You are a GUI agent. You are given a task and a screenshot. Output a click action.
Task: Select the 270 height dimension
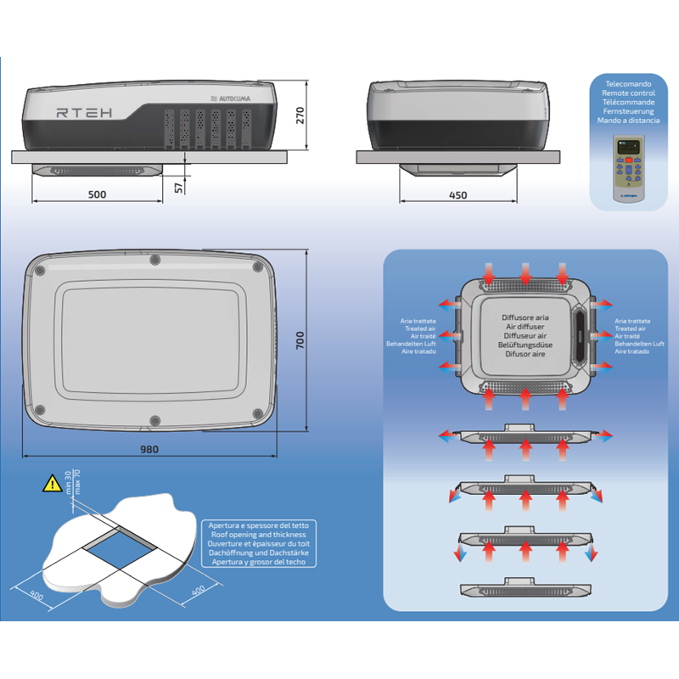[300, 116]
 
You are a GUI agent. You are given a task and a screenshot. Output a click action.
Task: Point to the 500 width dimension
[97, 194]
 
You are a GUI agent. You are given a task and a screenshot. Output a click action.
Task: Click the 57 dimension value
[179, 186]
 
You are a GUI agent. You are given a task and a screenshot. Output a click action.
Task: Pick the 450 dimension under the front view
[457, 194]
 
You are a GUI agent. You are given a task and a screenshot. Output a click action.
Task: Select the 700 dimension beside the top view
[300, 339]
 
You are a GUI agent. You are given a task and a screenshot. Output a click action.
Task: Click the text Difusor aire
[525, 355]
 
